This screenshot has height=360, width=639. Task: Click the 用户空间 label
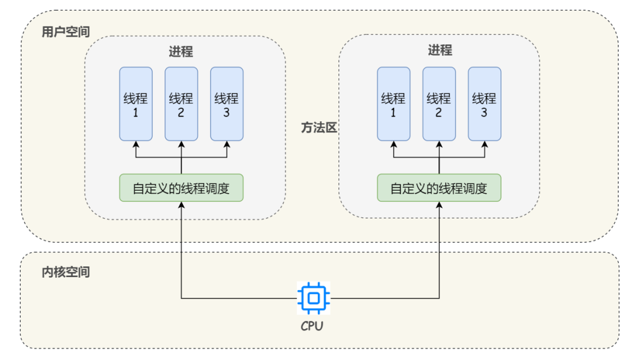coord(66,32)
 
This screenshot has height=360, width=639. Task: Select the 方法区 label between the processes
coord(318,128)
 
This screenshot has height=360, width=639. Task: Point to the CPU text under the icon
coord(312,326)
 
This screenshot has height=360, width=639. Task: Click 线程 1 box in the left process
coord(135,104)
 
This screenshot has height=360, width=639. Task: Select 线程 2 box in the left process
coord(181,104)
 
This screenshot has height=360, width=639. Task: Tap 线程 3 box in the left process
coord(227,104)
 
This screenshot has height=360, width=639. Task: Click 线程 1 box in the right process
coord(393,104)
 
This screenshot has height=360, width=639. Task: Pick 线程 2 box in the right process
coord(439,104)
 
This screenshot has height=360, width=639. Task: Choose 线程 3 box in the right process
coord(485,104)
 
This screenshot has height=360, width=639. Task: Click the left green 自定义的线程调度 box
coord(181,188)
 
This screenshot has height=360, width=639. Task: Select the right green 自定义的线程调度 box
coord(439,188)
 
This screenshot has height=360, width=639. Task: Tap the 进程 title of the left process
coord(181,52)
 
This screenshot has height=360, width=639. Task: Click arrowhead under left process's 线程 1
coord(135,144)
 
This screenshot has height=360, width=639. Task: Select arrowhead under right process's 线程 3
coord(485,144)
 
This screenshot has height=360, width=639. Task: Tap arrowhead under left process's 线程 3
coord(227,144)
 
